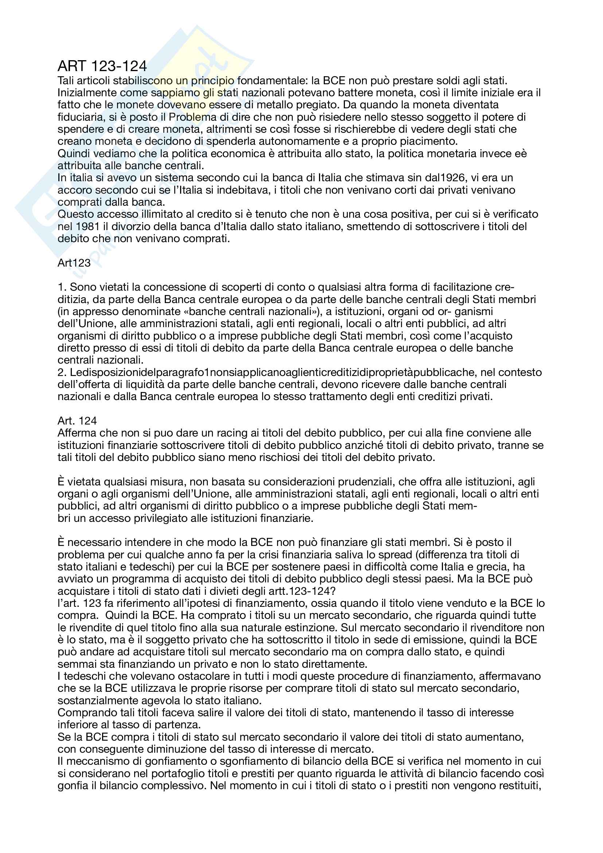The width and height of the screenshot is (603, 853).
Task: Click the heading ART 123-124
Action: tap(102, 66)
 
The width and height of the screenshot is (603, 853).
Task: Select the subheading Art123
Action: tap(74, 263)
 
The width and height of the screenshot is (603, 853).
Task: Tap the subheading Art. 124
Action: tap(77, 421)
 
